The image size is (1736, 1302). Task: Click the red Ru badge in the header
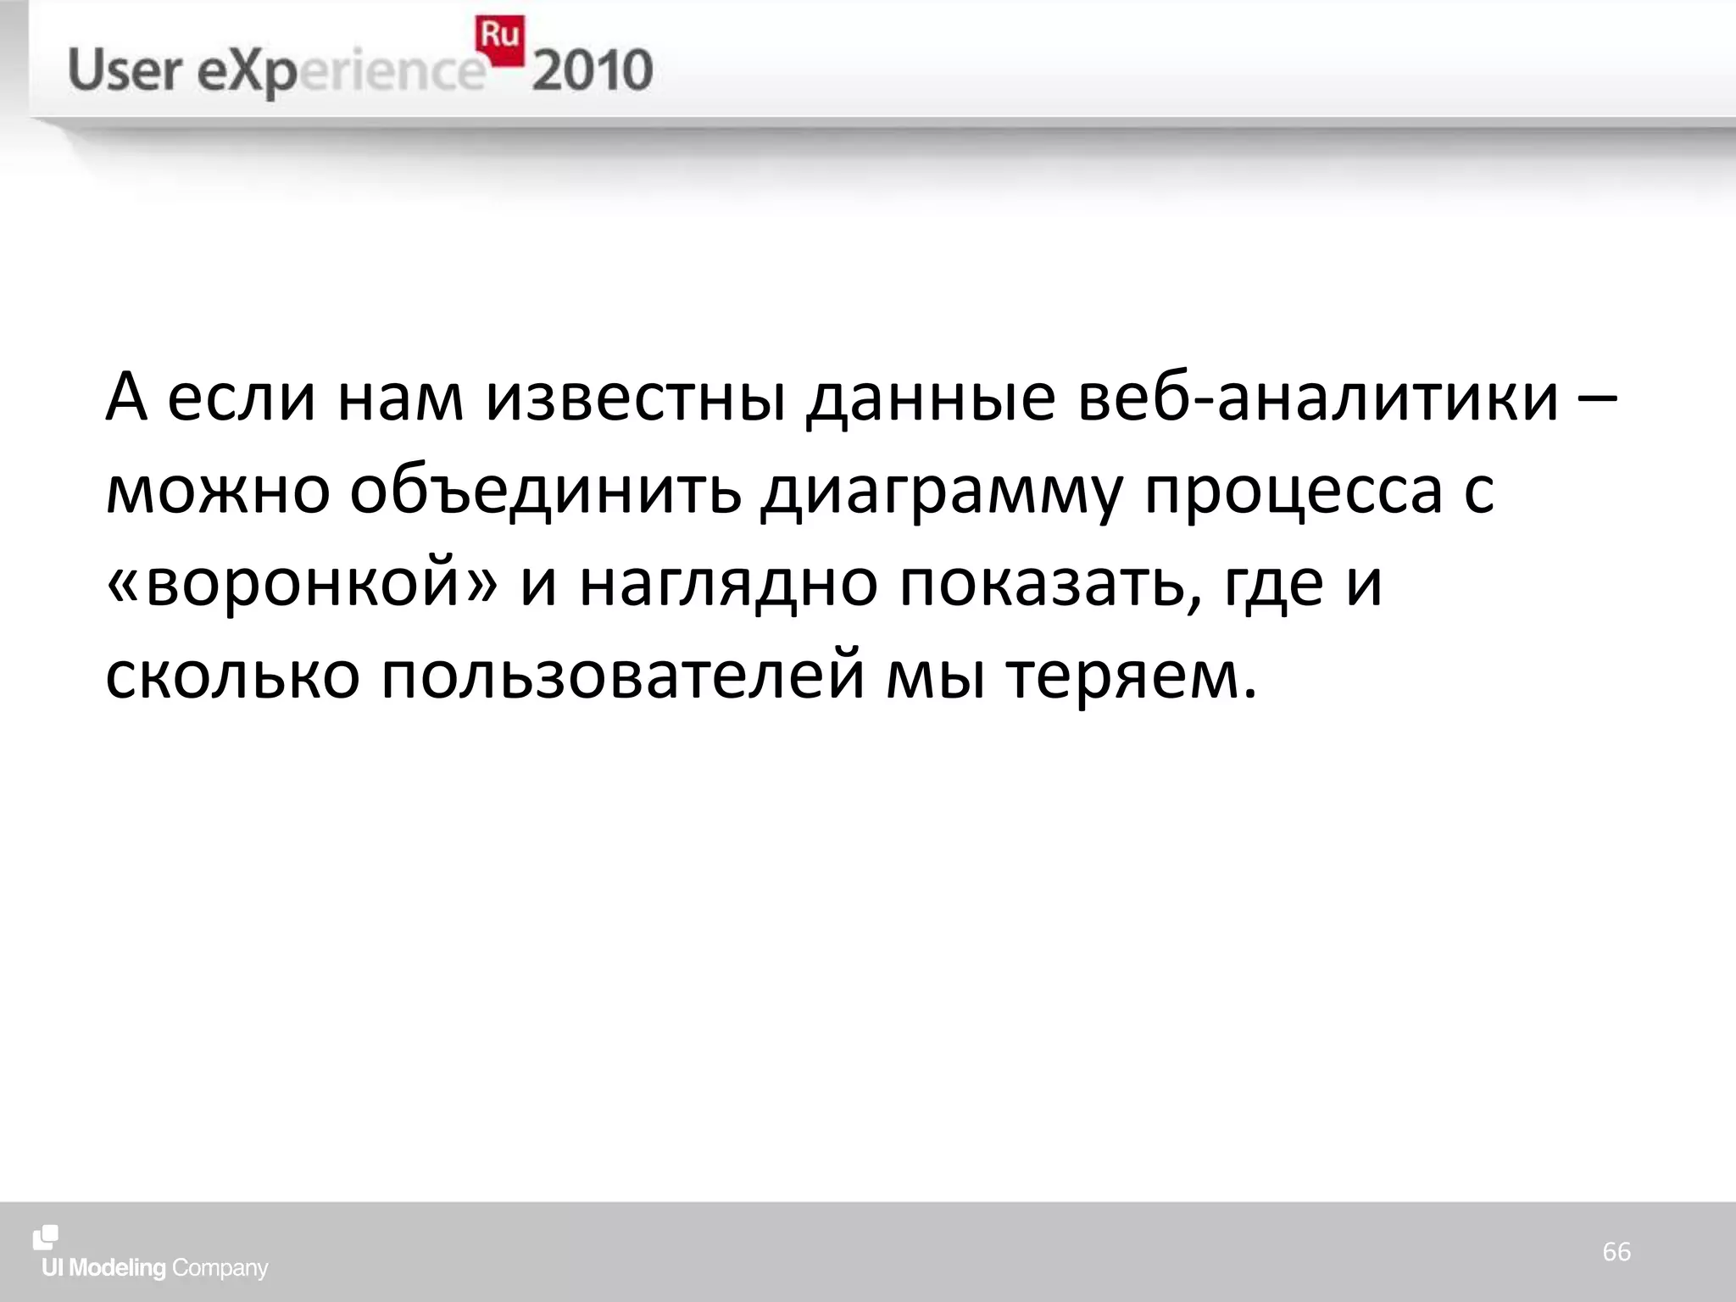click(x=499, y=40)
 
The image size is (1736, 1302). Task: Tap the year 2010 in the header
click(x=593, y=70)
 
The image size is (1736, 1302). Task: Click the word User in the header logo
click(x=125, y=70)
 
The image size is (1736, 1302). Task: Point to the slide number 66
click(x=1616, y=1251)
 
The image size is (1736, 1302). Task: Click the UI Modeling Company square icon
click(x=46, y=1238)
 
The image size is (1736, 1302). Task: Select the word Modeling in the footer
click(x=117, y=1268)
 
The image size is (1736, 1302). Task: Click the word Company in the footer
click(x=220, y=1269)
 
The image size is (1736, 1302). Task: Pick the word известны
click(x=636, y=398)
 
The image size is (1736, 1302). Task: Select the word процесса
click(x=1294, y=492)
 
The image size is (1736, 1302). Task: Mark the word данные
click(x=932, y=399)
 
